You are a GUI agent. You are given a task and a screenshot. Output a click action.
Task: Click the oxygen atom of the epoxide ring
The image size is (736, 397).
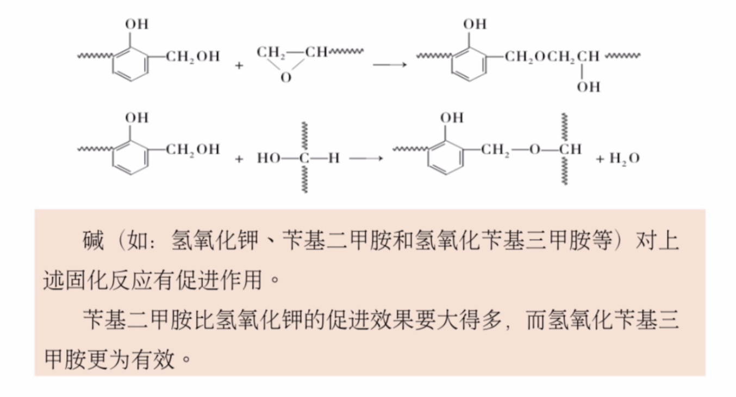coord(286,78)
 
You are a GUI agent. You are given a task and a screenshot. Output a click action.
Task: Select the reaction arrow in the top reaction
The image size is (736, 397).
coord(390,64)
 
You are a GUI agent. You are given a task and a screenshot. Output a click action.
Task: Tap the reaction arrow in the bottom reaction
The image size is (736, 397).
coord(366,158)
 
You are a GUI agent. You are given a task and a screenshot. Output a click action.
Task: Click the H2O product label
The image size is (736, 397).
coord(625,159)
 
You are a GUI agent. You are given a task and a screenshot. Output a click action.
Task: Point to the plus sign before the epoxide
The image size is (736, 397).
coord(239,66)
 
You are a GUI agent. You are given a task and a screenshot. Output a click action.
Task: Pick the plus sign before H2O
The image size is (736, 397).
coord(600,159)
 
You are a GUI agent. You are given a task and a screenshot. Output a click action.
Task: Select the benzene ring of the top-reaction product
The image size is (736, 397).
coord(469,65)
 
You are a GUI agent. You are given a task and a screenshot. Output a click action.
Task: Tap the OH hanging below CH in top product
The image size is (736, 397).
coord(588,86)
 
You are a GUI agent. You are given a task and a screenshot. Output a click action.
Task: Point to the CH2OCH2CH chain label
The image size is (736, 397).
coord(552,56)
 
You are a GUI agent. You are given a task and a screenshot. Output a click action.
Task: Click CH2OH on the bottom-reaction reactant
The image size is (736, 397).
coord(193,149)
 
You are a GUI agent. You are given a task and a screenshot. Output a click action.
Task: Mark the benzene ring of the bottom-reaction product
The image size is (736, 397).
coord(445,158)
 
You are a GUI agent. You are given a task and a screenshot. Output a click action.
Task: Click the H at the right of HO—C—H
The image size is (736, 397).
coord(334,158)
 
